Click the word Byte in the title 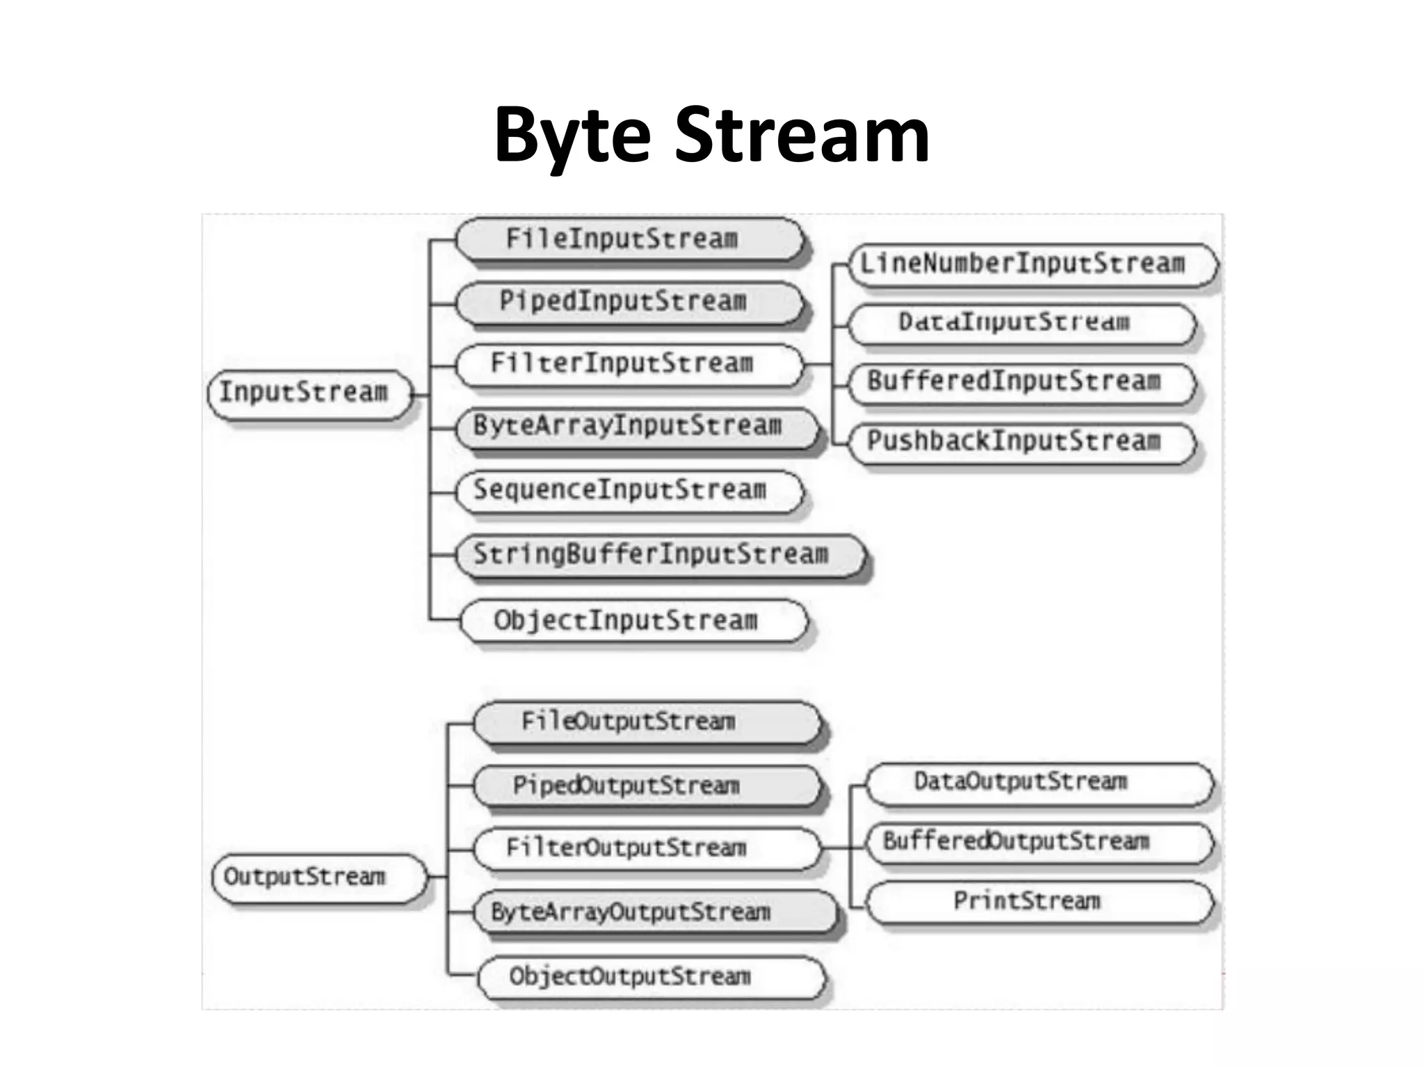[572, 136]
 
